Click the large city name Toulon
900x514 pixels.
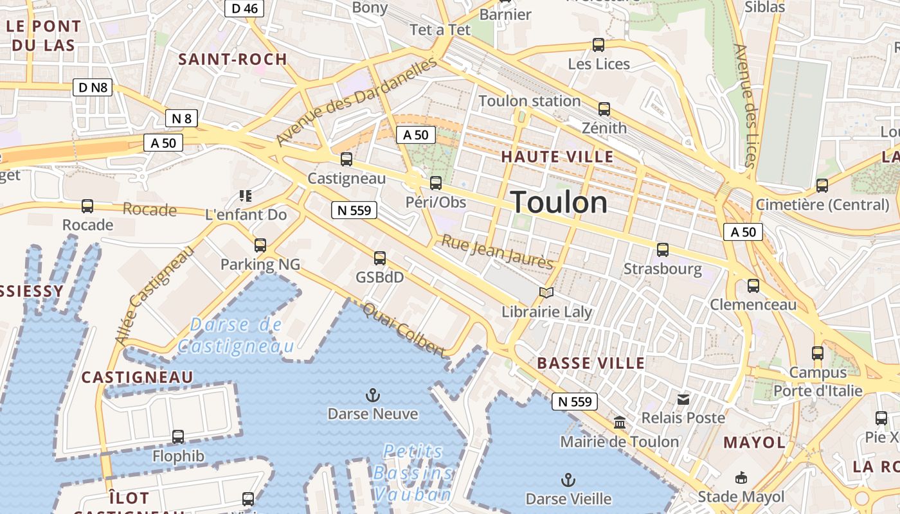point(559,202)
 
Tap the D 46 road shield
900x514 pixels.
point(244,8)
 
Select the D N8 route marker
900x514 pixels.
point(93,87)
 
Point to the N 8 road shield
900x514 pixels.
point(181,118)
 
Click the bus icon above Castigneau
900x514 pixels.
point(346,159)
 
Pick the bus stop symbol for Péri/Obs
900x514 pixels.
point(436,183)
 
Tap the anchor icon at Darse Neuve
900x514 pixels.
point(372,394)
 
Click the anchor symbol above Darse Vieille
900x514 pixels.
point(568,479)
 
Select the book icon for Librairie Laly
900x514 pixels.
point(546,293)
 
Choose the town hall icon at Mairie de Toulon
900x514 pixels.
point(620,423)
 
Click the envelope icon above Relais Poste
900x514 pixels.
point(683,400)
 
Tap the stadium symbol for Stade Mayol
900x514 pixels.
point(741,478)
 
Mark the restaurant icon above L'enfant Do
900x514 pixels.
point(245,195)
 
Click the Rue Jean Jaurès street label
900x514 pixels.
point(496,253)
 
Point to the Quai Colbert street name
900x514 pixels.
point(404,330)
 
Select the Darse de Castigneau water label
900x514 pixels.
point(236,335)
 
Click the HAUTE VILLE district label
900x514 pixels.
point(557,157)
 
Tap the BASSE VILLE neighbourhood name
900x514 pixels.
point(591,363)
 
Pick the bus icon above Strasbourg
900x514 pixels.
point(663,250)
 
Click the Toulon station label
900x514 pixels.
point(530,101)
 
